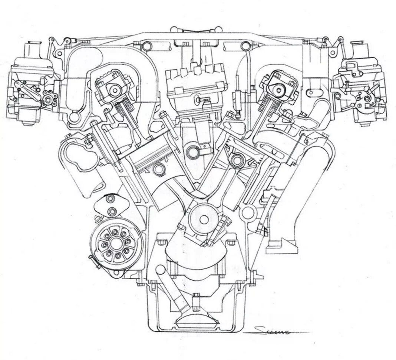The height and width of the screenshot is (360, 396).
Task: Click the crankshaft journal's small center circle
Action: pyautogui.click(x=204, y=219)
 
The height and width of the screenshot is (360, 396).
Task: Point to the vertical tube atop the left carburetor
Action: pyautogui.click(x=32, y=52)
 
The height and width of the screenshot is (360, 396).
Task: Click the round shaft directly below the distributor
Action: pyautogui.click(x=194, y=151)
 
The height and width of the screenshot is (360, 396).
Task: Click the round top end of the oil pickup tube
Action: pyautogui.click(x=160, y=268)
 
